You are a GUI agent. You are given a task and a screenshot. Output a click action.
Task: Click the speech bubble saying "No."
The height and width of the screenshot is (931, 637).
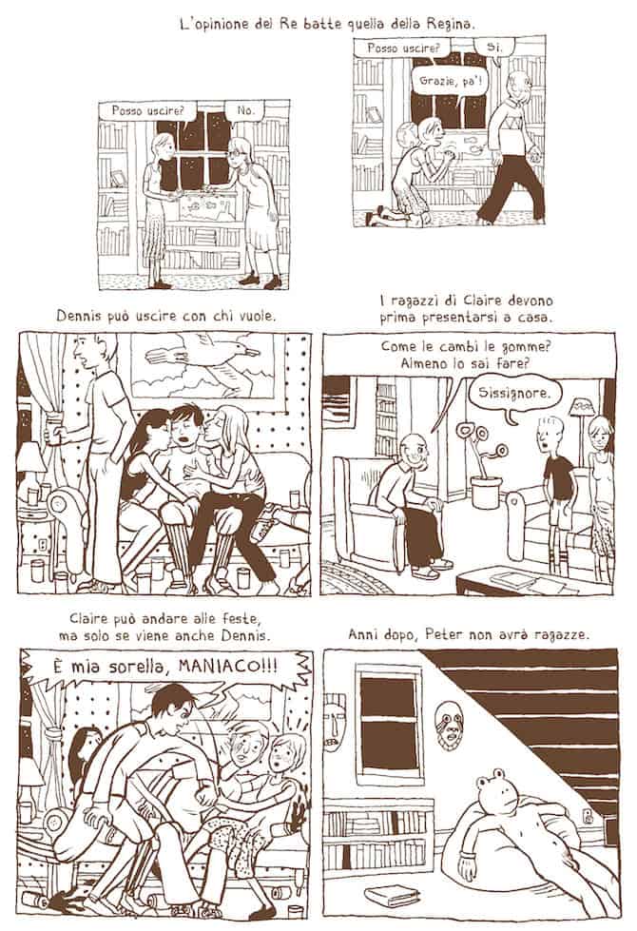tap(246, 111)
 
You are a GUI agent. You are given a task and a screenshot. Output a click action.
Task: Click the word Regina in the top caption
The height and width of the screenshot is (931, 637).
tap(451, 25)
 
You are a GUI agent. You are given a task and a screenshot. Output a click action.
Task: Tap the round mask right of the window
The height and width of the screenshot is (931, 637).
tap(447, 725)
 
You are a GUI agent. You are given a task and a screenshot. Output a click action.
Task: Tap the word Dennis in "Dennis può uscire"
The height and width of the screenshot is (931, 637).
tap(77, 317)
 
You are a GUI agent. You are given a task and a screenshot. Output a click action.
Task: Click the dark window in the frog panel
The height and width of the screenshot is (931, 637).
tap(388, 723)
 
